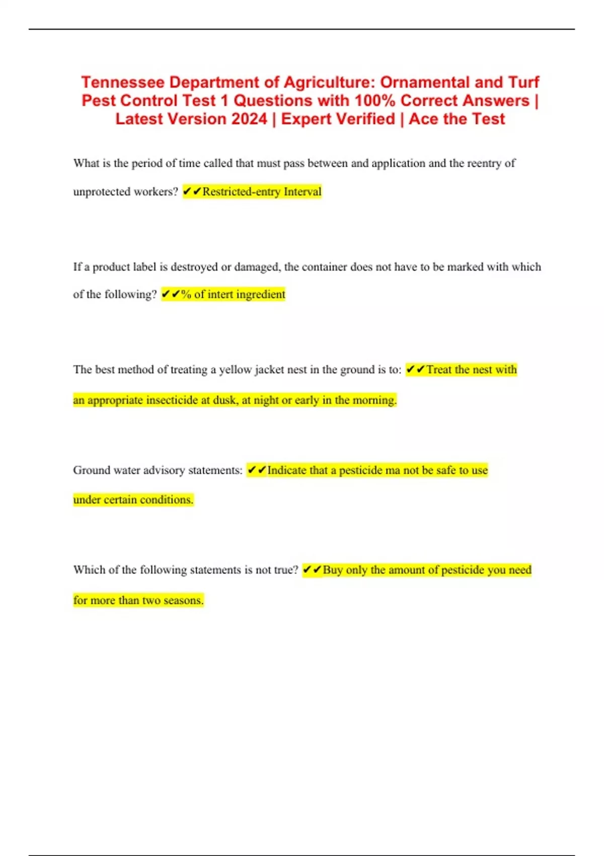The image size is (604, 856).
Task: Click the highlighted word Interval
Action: point(303,192)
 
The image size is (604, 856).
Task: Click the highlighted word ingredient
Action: point(261,295)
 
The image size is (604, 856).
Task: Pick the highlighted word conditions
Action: point(166,500)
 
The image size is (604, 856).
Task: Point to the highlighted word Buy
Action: point(333,570)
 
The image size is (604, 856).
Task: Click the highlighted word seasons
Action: point(183,600)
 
